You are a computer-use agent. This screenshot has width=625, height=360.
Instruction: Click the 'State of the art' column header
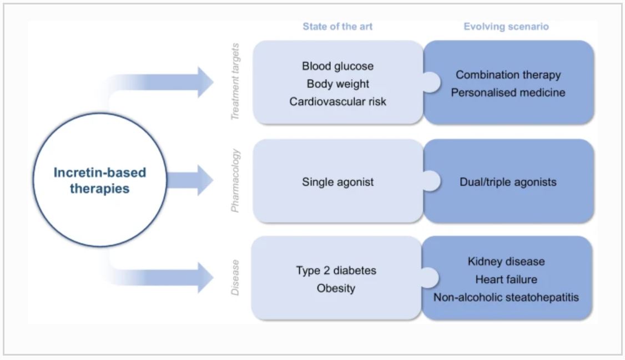337,27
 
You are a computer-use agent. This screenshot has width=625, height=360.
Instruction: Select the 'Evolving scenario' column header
506,27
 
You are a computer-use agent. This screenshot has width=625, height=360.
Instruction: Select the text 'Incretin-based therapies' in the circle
100,180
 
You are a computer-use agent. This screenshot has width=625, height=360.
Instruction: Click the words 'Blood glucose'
337,66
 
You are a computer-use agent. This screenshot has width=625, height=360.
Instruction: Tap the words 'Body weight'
337,84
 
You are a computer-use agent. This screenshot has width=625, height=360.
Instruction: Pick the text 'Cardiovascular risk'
337,102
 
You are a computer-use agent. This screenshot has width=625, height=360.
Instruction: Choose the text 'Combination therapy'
508,75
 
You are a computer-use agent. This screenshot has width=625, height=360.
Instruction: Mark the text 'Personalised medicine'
508,93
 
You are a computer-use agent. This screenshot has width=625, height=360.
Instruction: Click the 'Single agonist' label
337,181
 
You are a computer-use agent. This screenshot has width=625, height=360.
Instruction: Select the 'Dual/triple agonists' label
508,181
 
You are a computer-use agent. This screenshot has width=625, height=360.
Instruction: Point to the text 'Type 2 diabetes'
336,271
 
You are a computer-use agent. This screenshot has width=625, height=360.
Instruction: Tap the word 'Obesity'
336,288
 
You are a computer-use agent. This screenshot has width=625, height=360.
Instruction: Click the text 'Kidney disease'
506,261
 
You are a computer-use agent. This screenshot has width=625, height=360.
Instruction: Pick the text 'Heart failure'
506,279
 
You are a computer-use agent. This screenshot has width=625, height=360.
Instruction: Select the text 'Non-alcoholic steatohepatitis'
506,297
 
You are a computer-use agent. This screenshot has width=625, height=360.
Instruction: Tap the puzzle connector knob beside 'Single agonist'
431,180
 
